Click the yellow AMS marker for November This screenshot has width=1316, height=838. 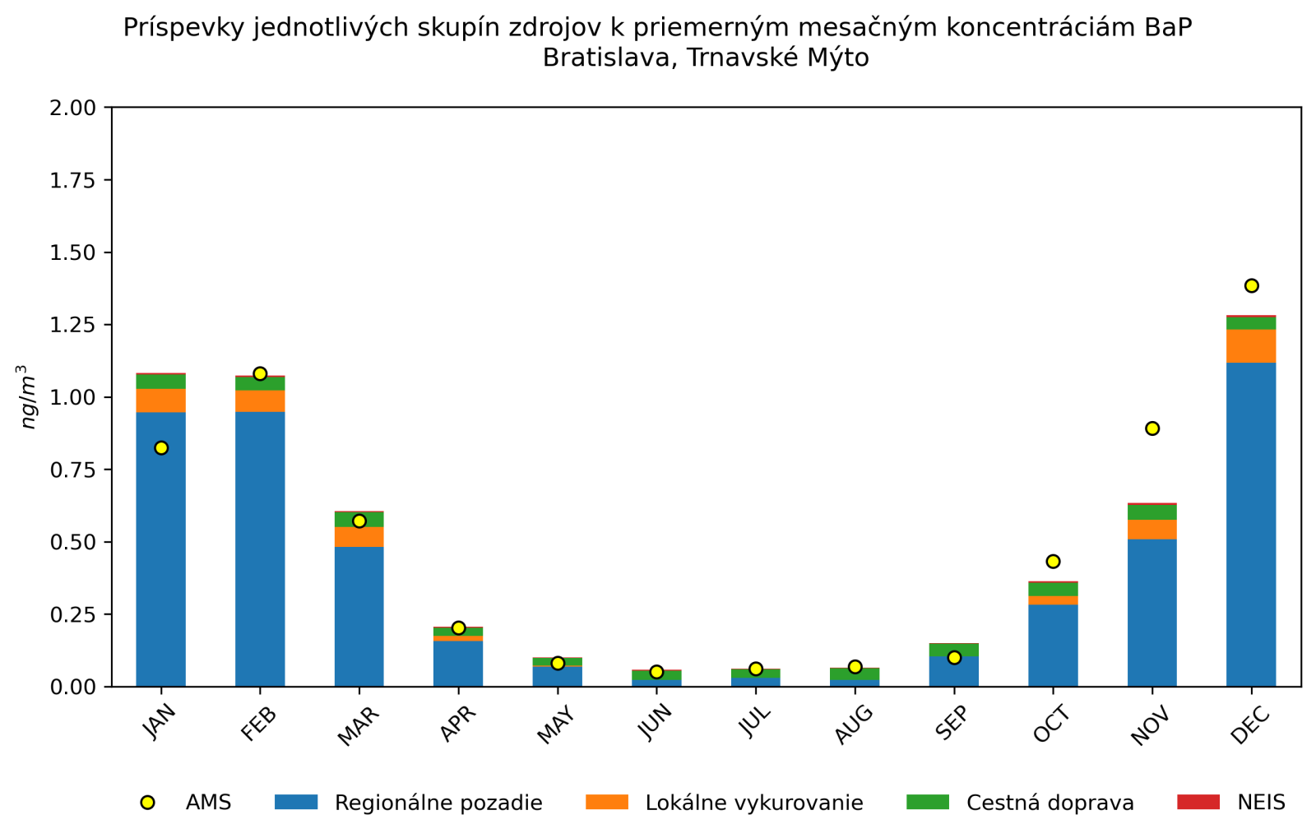tap(1151, 428)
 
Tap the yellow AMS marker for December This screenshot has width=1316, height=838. tap(1251, 286)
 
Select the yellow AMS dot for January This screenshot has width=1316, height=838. tap(161, 448)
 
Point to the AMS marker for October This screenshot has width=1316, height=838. tap(1053, 562)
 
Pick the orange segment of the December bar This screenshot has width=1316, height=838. tap(1251, 346)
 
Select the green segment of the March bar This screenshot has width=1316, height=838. tap(359, 520)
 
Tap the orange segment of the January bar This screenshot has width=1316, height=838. tap(161, 400)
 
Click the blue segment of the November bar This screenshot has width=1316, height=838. tap(1151, 613)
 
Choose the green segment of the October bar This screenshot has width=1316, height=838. tap(1053, 590)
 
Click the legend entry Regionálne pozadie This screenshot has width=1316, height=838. tap(438, 803)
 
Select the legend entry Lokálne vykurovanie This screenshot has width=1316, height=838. tap(753, 803)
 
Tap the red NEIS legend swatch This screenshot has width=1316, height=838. tap(1198, 803)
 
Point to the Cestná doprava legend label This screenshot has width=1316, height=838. tap(1050, 803)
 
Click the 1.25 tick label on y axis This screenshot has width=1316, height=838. tap(72, 325)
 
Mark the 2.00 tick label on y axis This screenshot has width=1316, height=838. tap(72, 108)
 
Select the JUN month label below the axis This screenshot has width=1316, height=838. tap(655, 724)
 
